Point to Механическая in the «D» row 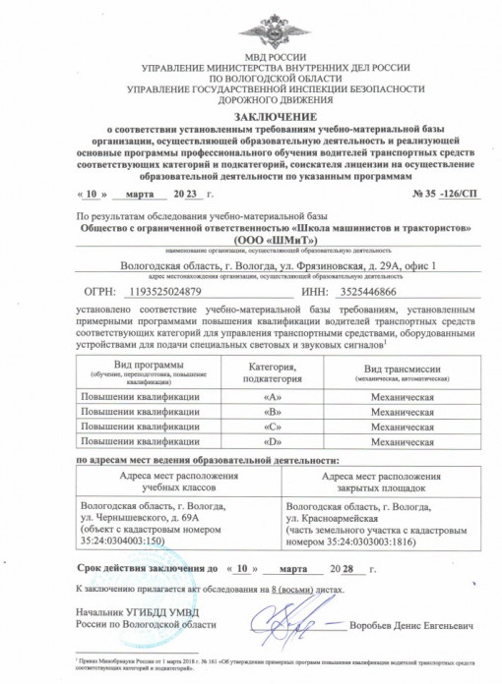pos(395,443)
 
